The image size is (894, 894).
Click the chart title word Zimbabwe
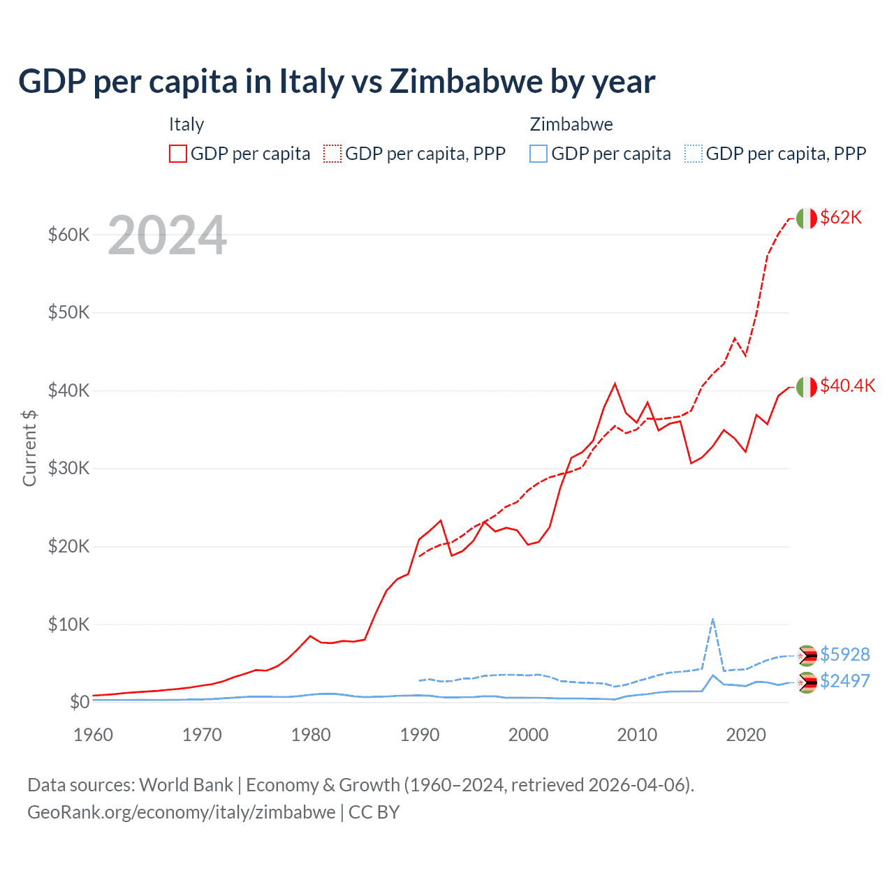point(466,81)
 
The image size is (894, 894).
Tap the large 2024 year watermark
point(167,235)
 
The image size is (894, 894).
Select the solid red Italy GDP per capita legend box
point(178,154)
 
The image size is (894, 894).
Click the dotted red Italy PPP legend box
point(332,154)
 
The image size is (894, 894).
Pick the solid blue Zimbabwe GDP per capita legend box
point(538,154)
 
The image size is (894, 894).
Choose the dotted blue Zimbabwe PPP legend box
point(694,154)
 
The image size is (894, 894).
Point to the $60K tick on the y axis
point(68,235)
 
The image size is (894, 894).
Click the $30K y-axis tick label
point(68,468)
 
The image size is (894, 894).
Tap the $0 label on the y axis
point(80,702)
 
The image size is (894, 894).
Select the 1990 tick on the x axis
point(420,735)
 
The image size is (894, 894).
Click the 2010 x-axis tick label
point(637,735)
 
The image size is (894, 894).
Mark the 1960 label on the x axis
point(93,735)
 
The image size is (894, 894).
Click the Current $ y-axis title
point(29,448)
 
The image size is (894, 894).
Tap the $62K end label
point(841,218)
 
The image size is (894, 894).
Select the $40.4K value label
point(847,386)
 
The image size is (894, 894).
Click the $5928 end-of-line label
point(844,654)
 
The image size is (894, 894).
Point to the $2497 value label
point(844,681)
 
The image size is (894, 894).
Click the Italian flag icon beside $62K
point(807,219)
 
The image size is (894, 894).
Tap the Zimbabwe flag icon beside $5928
point(807,655)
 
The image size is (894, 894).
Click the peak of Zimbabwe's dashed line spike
point(712,619)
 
